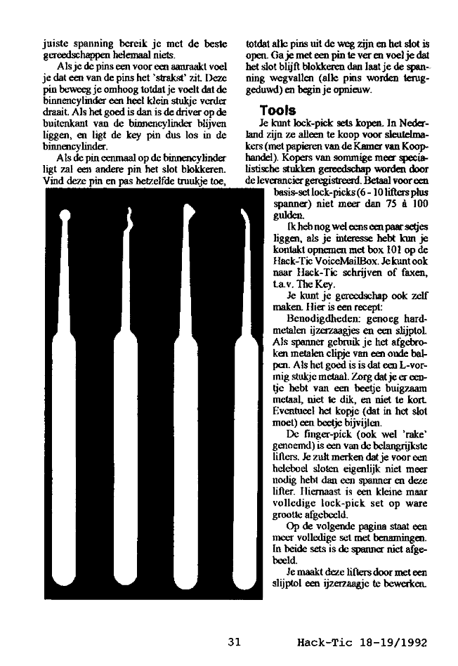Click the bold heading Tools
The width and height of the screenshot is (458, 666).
[277, 110]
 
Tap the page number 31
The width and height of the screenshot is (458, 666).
[235, 641]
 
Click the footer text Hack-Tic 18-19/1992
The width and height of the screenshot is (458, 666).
[362, 641]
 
